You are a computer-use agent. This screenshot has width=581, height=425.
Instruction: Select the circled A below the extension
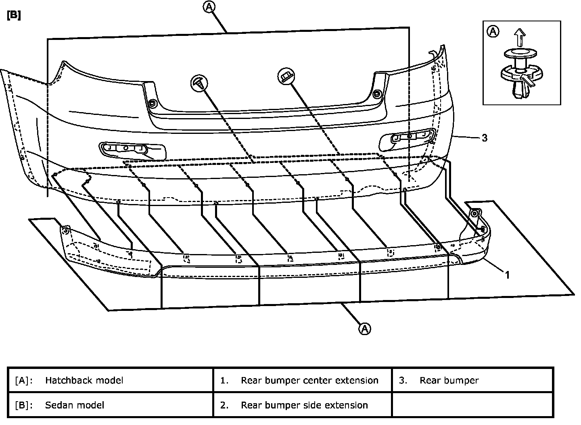(x=364, y=329)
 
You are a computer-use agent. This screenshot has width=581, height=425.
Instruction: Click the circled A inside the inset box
(x=493, y=31)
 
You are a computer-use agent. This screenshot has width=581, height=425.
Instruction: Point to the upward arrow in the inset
(x=520, y=38)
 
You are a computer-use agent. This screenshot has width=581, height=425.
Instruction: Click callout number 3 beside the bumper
(x=485, y=138)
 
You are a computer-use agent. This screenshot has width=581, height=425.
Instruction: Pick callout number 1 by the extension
(x=507, y=275)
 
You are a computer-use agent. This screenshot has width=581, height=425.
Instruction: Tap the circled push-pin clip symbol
(x=199, y=83)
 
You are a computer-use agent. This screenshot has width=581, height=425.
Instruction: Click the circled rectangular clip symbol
(x=286, y=75)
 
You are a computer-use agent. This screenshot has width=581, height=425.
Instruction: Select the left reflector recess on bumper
(x=132, y=150)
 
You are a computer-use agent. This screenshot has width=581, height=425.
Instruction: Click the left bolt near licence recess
(x=153, y=104)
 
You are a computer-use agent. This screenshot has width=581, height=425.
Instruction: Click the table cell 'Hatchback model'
(x=84, y=380)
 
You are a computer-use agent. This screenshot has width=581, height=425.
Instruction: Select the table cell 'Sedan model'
(x=75, y=405)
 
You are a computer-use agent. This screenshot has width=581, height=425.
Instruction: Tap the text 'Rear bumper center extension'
(x=309, y=380)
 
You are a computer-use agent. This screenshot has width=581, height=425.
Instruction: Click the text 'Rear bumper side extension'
(x=304, y=405)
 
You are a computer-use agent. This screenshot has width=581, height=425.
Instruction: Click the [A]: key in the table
(x=24, y=380)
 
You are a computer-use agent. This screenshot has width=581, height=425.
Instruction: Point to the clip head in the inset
(x=521, y=53)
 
